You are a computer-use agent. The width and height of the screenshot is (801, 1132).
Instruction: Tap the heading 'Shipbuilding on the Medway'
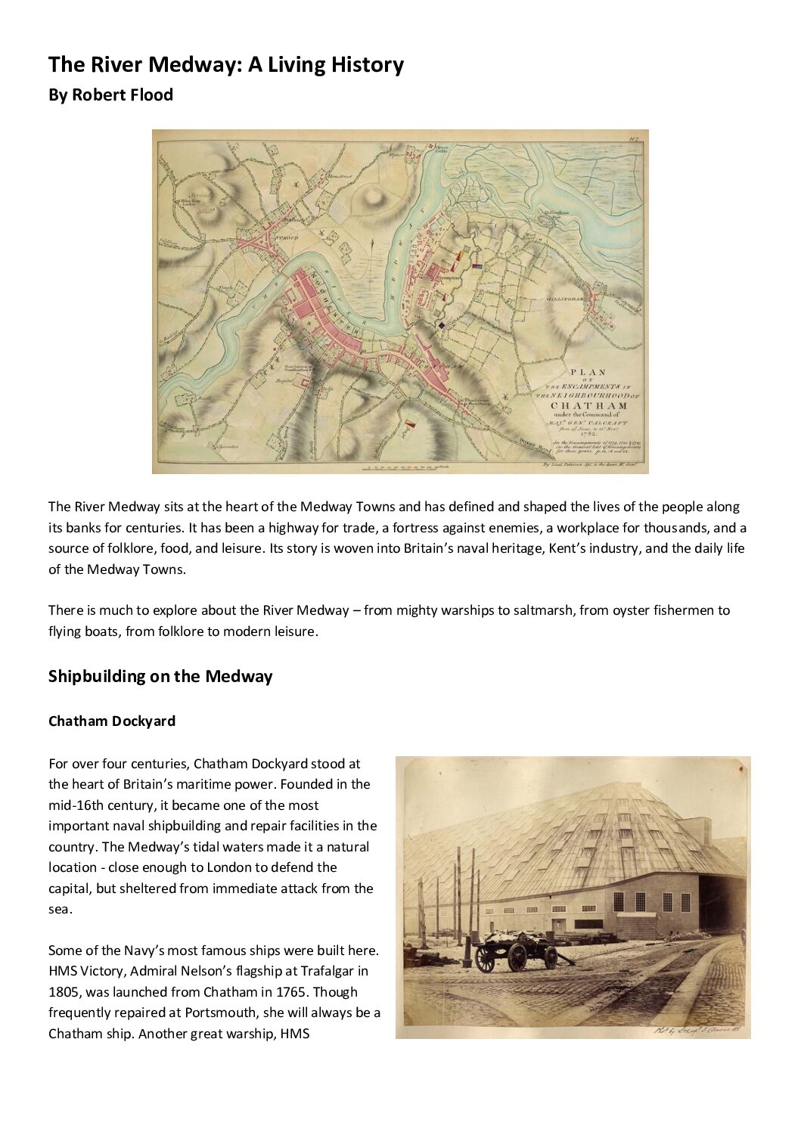pyautogui.click(x=160, y=676)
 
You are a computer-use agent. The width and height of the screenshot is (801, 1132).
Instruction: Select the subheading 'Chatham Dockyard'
pyautogui.click(x=112, y=721)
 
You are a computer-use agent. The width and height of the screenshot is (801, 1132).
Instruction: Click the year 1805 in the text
pyautogui.click(x=64, y=991)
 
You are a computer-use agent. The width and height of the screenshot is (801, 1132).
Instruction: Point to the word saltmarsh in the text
pyautogui.click(x=550, y=609)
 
